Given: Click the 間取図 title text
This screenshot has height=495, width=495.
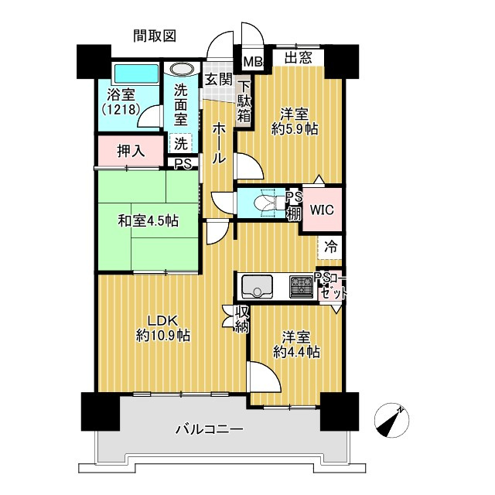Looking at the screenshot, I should point(155,35).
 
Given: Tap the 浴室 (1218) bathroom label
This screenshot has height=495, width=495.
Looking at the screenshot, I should point(118,102).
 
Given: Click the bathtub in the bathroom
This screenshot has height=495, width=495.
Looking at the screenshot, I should point(135,74).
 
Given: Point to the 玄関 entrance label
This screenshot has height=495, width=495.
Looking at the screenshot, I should point(218,78).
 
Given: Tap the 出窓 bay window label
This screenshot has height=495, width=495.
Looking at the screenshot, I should point(299,56).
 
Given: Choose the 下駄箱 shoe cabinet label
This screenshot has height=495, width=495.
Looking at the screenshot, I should point(244,101).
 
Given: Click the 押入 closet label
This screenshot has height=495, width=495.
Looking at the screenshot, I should point(131,150).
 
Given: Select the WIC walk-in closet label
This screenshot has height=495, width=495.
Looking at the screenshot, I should point(321,208).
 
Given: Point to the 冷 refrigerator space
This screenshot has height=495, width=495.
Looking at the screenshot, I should point(330,247).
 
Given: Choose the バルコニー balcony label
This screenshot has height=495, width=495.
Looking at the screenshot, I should point(209,429).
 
